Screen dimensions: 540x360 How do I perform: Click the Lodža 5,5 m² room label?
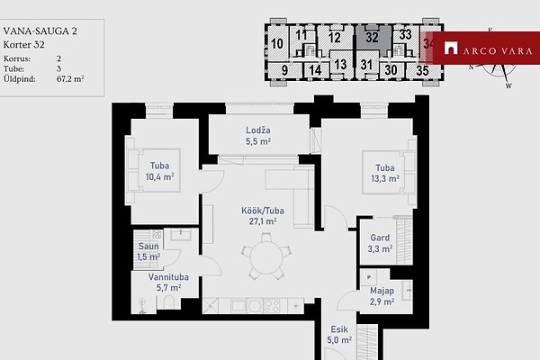pos(258,136)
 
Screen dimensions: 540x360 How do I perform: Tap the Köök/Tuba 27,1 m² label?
pos(263,216)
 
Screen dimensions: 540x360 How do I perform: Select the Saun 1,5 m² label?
pos(148,251)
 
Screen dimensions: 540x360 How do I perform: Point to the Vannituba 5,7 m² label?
pos(168,282)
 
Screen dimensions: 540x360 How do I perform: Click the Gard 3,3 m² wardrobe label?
pos(380,243)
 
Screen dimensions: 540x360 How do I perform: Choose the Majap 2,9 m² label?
pos(382,296)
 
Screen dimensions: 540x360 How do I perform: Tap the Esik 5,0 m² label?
pos(339,335)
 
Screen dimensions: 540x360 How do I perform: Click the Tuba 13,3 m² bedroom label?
pos(385,174)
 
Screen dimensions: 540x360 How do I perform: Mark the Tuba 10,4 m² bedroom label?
pos(159,171)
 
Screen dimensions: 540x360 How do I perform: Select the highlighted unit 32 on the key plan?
pos(373,37)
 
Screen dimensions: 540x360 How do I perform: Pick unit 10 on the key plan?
pos(277,44)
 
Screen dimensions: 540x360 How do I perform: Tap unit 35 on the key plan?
pos(422,70)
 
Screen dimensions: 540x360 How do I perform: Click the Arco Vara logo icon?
pos(451,49)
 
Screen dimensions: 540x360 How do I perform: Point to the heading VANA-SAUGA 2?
pos(40,31)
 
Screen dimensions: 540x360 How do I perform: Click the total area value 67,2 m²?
pos(70,79)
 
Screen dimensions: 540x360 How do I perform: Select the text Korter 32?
pos(23,45)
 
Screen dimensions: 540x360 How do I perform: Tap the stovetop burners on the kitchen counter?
pos(272,305)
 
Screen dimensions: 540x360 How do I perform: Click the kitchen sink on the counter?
pos(238,306)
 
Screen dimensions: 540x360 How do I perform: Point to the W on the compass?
pos(508,85)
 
